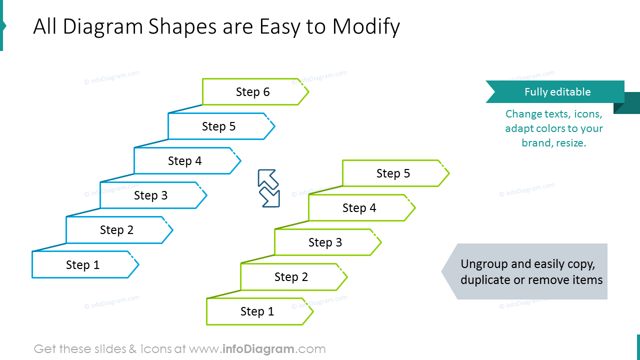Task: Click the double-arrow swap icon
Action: (x=268, y=188)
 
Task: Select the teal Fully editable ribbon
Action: (x=556, y=92)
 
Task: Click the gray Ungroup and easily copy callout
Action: (x=525, y=271)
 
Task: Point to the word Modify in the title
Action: (x=366, y=27)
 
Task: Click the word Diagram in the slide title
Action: (x=103, y=27)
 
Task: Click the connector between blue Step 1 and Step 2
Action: (x=49, y=247)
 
